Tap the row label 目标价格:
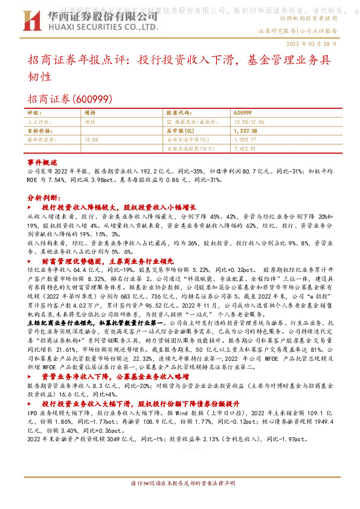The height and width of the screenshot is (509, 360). [41, 130]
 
